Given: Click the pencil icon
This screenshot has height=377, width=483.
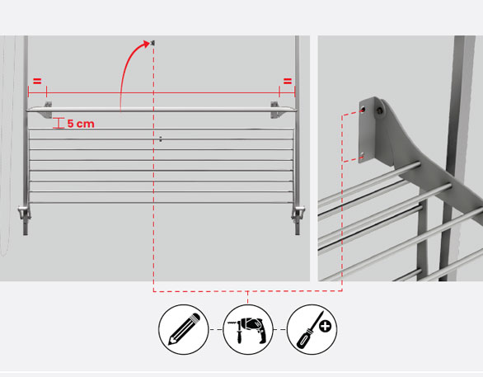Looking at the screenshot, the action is pos(184,329).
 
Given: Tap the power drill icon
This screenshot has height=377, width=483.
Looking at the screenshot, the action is pos(248,330).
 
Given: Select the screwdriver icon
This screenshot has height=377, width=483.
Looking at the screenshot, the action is pos(309,332).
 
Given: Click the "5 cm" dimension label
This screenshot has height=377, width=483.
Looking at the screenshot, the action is pos(81,124).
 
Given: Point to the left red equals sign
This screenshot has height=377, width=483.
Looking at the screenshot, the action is pos(37,82).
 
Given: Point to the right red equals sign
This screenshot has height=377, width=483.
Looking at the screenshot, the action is pos(288,82).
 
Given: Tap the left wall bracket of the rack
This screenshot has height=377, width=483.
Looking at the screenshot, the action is pos(45,110).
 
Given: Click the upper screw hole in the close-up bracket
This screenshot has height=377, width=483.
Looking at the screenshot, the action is pos(363,109).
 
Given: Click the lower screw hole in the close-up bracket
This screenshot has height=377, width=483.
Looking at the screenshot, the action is pos(363,155).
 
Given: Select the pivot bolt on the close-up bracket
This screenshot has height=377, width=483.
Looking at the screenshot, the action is pos(380,110).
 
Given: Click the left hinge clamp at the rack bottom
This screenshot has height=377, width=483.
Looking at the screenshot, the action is pos(24,212).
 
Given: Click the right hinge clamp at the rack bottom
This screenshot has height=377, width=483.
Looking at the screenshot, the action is pos(298,212).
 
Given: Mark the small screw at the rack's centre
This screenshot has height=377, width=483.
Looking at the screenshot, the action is pos(161,139).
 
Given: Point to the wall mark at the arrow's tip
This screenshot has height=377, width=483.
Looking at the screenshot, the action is pos(153,43).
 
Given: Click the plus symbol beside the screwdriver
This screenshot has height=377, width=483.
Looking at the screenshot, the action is pos(326,326).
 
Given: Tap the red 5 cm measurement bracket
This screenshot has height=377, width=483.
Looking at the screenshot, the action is pos(59,123).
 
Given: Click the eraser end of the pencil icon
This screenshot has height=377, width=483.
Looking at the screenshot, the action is pos(195,318).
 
